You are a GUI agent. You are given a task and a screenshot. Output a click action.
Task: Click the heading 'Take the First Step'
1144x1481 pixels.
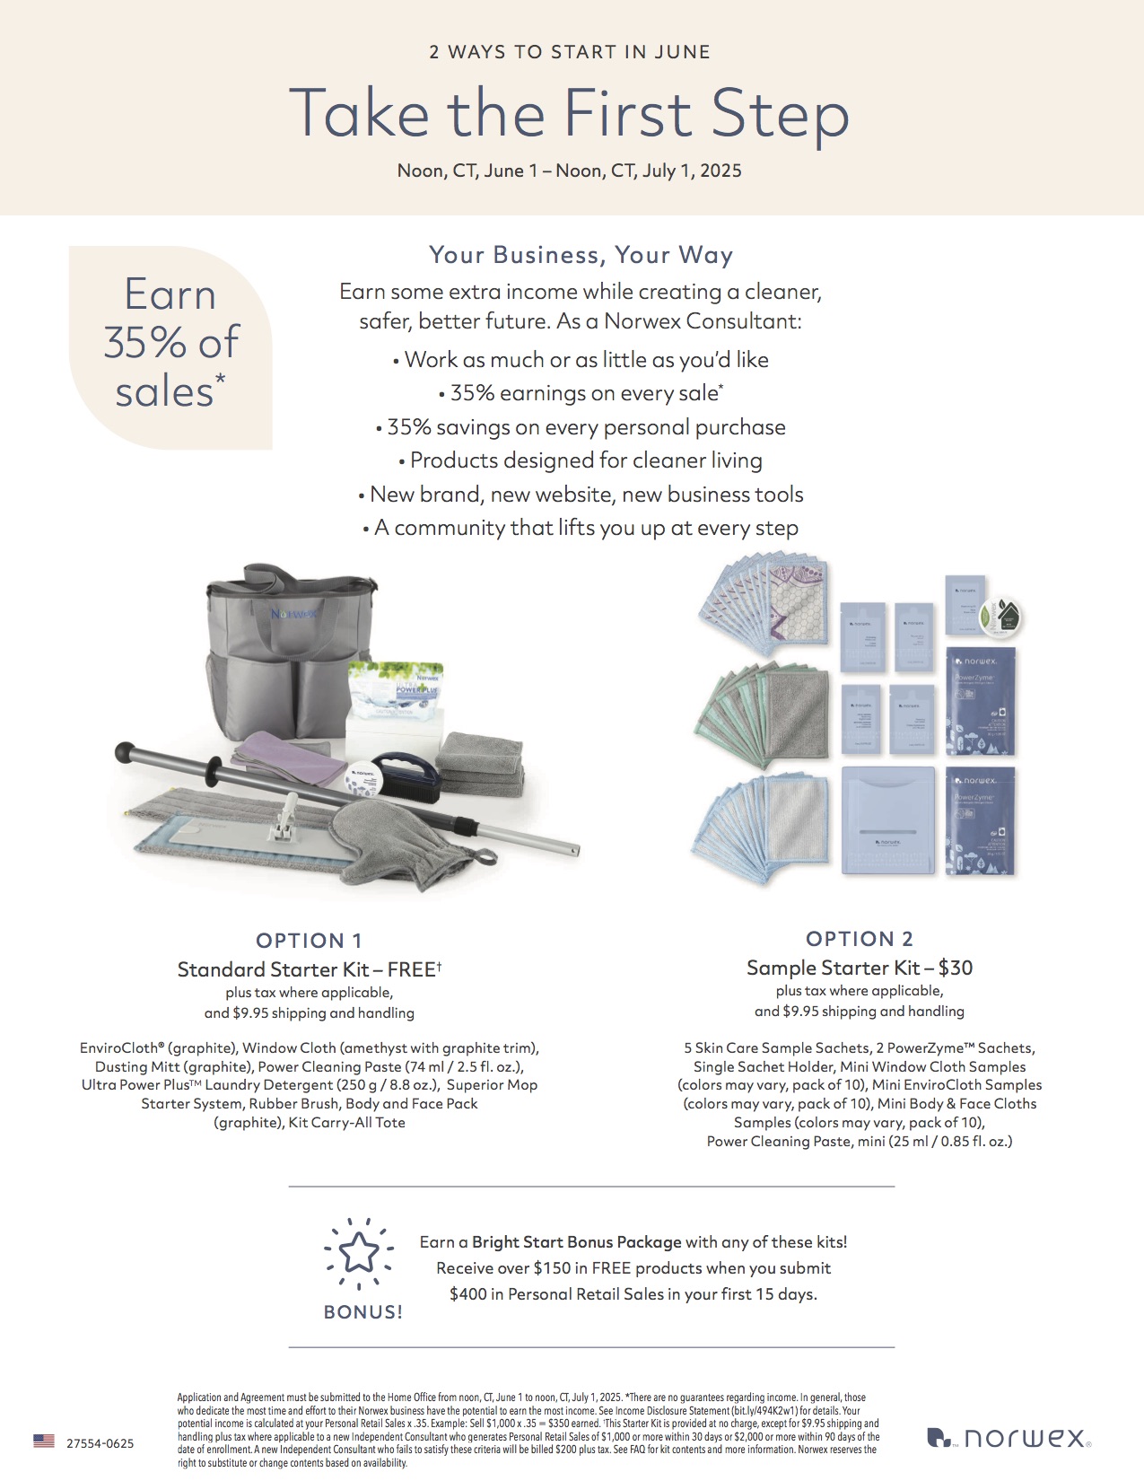(x=569, y=114)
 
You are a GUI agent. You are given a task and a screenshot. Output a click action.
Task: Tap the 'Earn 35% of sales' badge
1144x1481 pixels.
(x=170, y=344)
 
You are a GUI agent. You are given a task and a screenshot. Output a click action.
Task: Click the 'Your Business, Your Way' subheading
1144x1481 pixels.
(x=581, y=255)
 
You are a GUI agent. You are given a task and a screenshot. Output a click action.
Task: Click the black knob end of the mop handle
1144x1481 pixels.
(x=125, y=749)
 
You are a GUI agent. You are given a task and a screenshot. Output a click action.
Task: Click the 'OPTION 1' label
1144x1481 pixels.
(x=309, y=941)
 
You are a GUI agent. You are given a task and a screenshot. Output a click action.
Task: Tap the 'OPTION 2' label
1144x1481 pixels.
(x=859, y=939)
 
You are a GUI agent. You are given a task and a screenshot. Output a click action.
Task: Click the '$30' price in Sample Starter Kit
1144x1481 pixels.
(x=956, y=968)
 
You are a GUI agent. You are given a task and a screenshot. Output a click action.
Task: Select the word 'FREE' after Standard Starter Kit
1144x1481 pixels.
(x=411, y=969)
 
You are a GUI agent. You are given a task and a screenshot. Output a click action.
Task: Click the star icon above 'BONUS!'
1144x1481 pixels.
(x=359, y=1253)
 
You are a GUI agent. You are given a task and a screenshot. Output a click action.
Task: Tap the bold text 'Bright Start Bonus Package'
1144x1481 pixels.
(x=576, y=1242)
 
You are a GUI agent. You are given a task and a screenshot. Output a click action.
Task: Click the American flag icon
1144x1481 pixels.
(x=44, y=1441)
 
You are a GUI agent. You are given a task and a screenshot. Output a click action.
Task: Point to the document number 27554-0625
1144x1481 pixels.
(x=100, y=1443)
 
